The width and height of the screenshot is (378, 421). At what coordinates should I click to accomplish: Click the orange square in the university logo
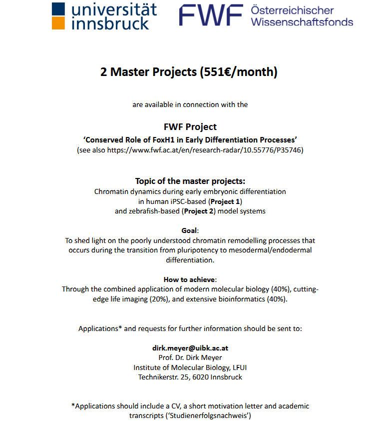pyautogui.click(x=58, y=23)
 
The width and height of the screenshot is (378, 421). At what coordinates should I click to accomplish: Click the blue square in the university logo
pyautogui.click(x=58, y=8)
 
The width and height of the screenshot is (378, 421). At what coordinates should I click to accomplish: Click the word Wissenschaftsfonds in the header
pyautogui.click(x=302, y=22)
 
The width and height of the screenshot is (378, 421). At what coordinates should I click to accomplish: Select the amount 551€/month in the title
pyautogui.click(x=238, y=72)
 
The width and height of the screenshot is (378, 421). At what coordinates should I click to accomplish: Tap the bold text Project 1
pyautogui.click(x=225, y=201)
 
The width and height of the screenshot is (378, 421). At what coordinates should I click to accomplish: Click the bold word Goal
pyautogui.click(x=189, y=230)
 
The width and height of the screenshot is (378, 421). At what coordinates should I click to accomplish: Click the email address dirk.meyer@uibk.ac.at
pyautogui.click(x=190, y=347)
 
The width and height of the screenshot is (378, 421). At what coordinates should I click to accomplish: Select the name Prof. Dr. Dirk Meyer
pyautogui.click(x=190, y=357)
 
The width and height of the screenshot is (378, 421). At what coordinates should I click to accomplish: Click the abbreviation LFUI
pyautogui.click(x=237, y=367)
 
